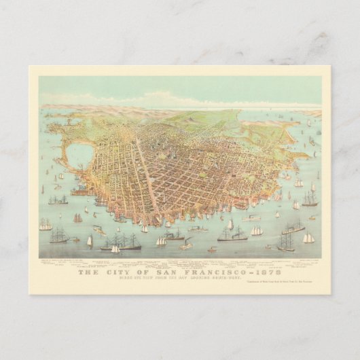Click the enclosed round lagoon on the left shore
79,157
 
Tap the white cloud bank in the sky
163,101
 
